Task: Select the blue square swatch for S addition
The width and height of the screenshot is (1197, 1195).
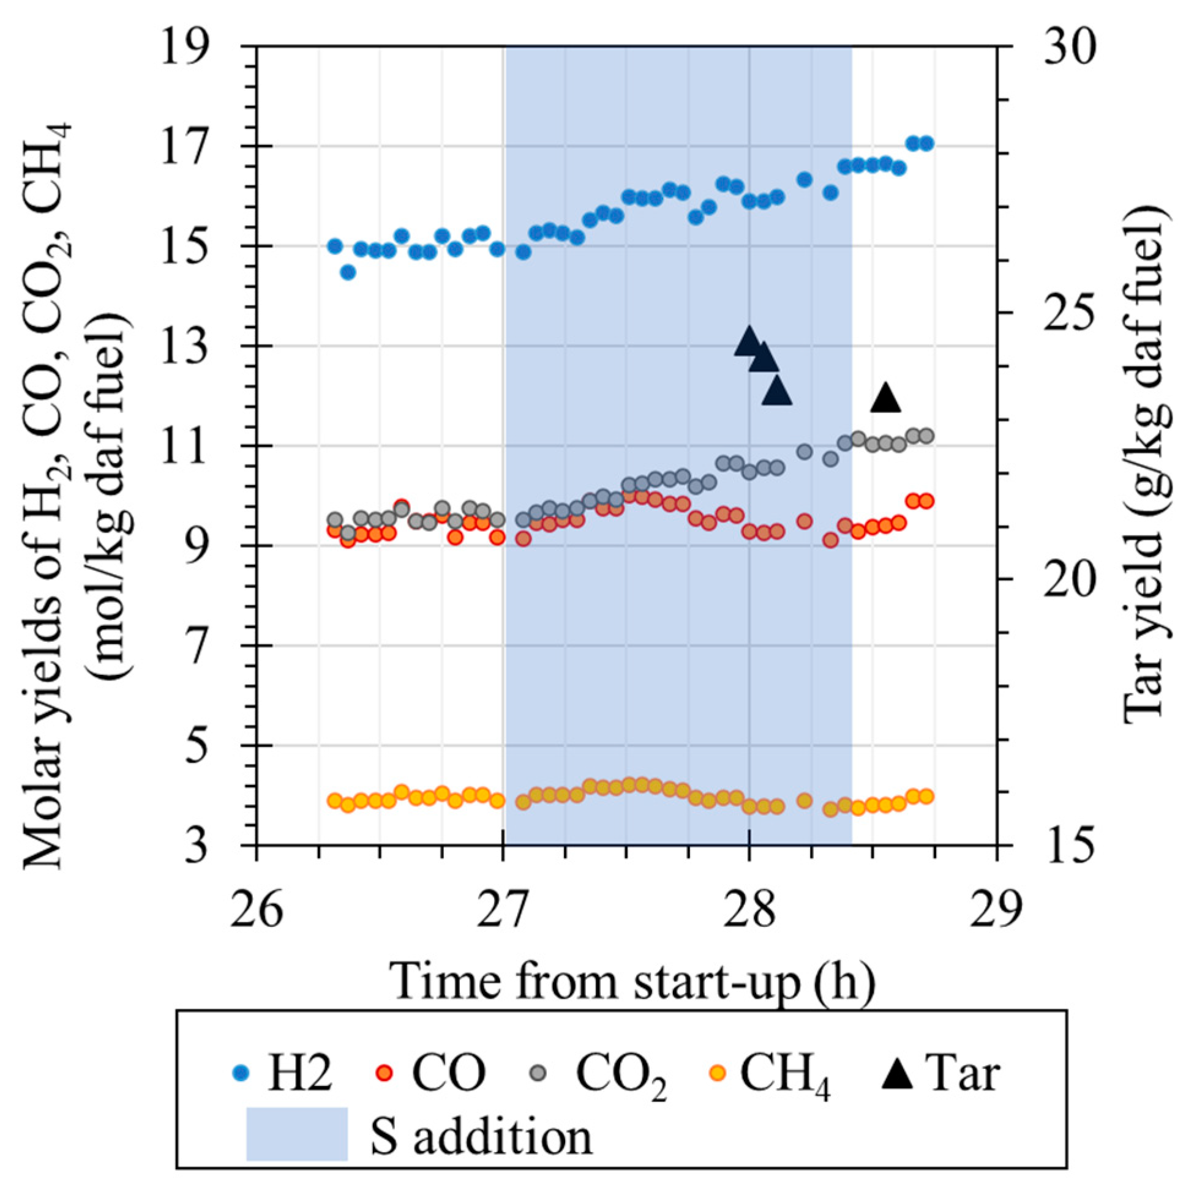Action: pyautogui.click(x=297, y=1133)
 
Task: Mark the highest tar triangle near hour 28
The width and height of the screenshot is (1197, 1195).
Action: pyautogui.click(x=749, y=341)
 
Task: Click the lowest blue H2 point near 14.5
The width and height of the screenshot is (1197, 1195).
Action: pyautogui.click(x=348, y=272)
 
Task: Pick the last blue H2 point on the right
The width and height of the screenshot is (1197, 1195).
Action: pyautogui.click(x=926, y=144)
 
